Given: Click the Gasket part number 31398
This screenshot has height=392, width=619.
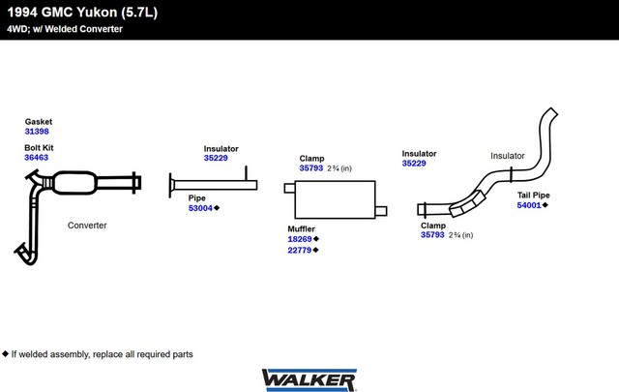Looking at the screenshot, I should pyautogui.click(x=37, y=132).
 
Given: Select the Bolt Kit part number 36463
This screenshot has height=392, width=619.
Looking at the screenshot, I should pyautogui.click(x=37, y=157).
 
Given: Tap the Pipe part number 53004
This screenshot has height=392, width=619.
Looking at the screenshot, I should pyautogui.click(x=200, y=208).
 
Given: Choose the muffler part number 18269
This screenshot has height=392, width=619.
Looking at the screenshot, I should pyautogui.click(x=300, y=239).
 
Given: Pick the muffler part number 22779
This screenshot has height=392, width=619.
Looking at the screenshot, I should pyautogui.click(x=300, y=251).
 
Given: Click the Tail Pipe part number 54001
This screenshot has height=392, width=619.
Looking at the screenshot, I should pyautogui.click(x=528, y=205).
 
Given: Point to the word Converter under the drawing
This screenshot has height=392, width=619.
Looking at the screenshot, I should pyautogui.click(x=87, y=226).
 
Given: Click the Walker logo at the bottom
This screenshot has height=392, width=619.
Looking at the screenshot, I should pyautogui.click(x=309, y=377).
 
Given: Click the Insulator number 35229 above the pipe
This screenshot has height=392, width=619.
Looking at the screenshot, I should pyautogui.click(x=216, y=158).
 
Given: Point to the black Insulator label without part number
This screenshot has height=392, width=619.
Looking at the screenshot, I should pyautogui.click(x=507, y=156).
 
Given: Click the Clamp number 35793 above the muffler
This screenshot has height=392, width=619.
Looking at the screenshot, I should pyautogui.click(x=310, y=168).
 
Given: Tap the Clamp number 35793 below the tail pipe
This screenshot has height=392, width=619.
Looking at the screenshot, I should pyautogui.click(x=431, y=234).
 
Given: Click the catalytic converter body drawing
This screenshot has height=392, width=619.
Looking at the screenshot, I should pyautogui.click(x=74, y=183).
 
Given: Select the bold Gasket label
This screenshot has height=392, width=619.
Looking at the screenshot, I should pyautogui.click(x=39, y=122).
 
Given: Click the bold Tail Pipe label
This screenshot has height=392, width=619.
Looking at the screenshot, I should pyautogui.click(x=534, y=195).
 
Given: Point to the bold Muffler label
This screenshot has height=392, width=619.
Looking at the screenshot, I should pyautogui.click(x=302, y=228).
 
